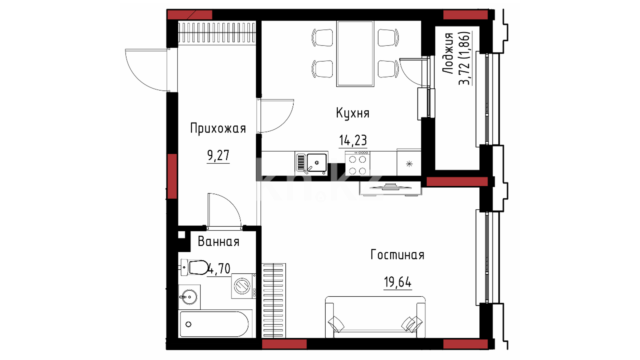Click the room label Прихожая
tap(218, 128)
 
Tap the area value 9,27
tap(218, 155)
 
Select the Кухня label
tap(353, 113)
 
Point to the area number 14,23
tap(353, 140)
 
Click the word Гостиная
tap(397, 255)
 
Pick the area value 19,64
tap(398, 282)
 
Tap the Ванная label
tap(219, 241)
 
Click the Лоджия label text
tap(448, 53)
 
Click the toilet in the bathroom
tap(195, 267)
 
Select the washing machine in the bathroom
tap(244, 286)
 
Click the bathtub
tap(214, 324)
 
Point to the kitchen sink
tap(311, 163)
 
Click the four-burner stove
tap(358, 163)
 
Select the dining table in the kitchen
tap(355, 53)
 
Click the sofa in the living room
tap(375, 317)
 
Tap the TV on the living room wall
tap(390, 187)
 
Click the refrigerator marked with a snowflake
tap(409, 163)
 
